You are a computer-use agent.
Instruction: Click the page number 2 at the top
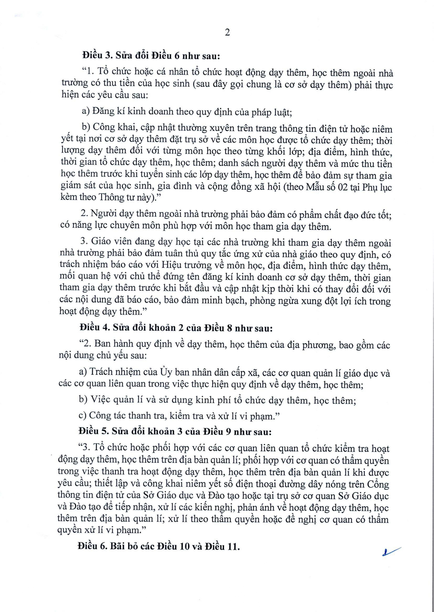227,33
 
